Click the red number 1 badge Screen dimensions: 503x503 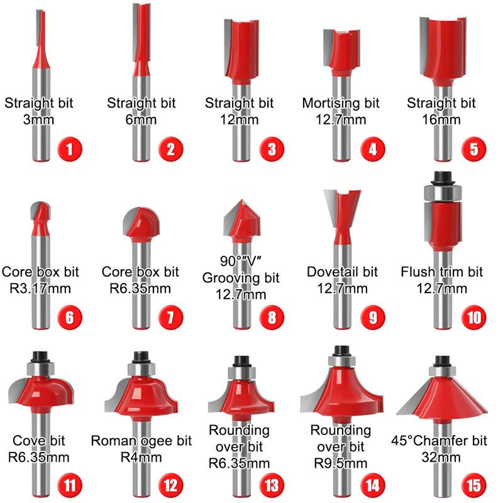tap(70, 149)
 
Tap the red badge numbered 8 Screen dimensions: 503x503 tap(272, 318)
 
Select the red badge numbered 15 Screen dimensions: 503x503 tap(474, 485)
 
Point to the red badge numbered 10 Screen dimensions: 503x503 tap(474, 318)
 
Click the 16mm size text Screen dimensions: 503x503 tap(441, 120)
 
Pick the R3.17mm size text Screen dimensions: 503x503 tap(40, 289)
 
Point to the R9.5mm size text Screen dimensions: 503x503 tap(340, 463)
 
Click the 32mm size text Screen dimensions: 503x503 tap(441, 458)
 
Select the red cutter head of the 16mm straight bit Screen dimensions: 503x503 tap(443, 52)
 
